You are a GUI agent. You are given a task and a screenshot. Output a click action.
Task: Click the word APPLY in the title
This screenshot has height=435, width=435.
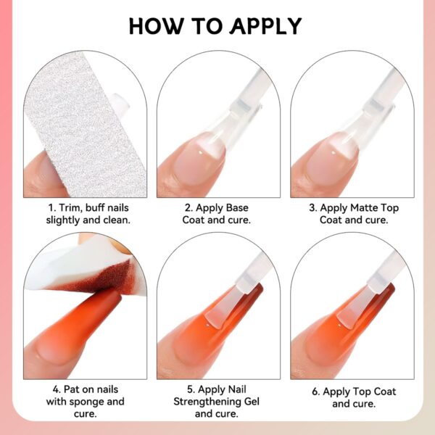pos(265,25)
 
